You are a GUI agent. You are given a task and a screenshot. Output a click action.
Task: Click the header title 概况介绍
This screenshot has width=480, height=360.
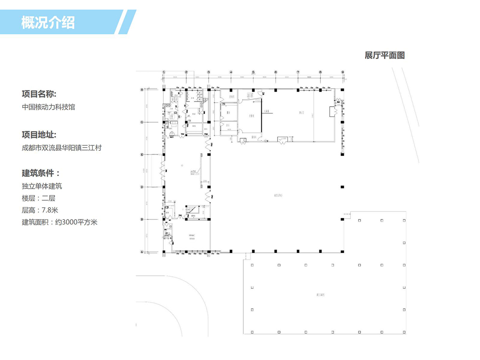pos(48,22)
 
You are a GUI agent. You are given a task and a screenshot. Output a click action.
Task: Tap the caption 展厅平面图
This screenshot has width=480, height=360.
pos(385,56)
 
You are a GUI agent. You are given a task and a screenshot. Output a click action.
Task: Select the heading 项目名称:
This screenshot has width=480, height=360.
pos(39,94)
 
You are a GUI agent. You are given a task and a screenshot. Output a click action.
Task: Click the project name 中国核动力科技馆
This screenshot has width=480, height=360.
pos(48,107)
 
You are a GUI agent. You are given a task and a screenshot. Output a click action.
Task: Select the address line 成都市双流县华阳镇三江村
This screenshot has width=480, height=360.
pos(62,148)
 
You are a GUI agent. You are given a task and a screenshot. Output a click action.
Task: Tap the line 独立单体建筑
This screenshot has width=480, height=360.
pos(42,186)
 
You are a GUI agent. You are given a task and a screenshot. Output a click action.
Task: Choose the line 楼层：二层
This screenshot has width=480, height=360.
pos(38,198)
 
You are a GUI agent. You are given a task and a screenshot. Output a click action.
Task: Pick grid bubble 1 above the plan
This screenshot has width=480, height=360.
pos(164,72)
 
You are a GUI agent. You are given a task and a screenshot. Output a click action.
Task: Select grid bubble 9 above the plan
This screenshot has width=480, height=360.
pos(343,72)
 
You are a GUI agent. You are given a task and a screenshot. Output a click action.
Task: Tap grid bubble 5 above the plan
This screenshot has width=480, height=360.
pos(253,72)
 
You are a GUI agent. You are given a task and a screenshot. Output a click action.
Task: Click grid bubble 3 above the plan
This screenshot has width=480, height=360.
pos(209,72)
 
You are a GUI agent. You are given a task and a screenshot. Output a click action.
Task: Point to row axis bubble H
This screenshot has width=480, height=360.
pos(142,89)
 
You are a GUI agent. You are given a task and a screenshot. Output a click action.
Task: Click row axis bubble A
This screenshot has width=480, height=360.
pos(142,252)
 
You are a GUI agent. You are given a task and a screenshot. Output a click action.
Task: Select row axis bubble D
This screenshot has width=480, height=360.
pos(142,187)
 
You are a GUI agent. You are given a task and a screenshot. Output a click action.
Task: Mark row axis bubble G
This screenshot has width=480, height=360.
pos(142,122)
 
